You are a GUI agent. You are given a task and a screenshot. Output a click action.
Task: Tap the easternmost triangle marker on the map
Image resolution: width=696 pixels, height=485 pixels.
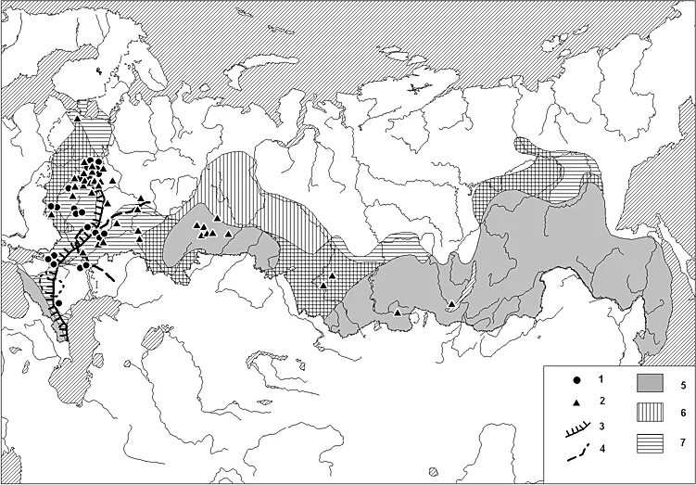click(451, 305)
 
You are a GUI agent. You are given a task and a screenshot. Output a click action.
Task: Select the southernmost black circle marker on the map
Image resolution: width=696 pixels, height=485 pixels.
click(58, 302)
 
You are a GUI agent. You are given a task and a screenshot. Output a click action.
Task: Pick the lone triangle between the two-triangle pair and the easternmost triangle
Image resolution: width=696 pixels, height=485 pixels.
click(398, 313)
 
